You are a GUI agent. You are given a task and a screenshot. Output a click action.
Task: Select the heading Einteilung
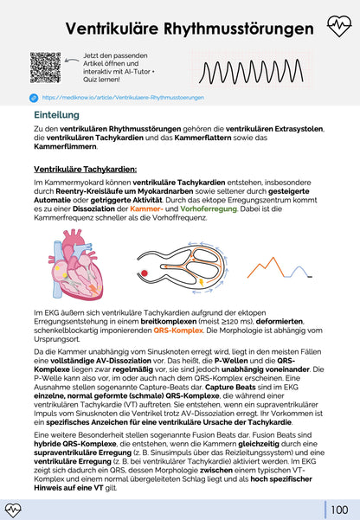[57, 113]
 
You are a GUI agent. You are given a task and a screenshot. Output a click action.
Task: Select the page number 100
[339, 508]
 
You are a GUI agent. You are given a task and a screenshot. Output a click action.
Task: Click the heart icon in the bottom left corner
[16, 509]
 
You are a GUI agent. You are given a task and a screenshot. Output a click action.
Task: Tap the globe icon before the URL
[34, 98]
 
